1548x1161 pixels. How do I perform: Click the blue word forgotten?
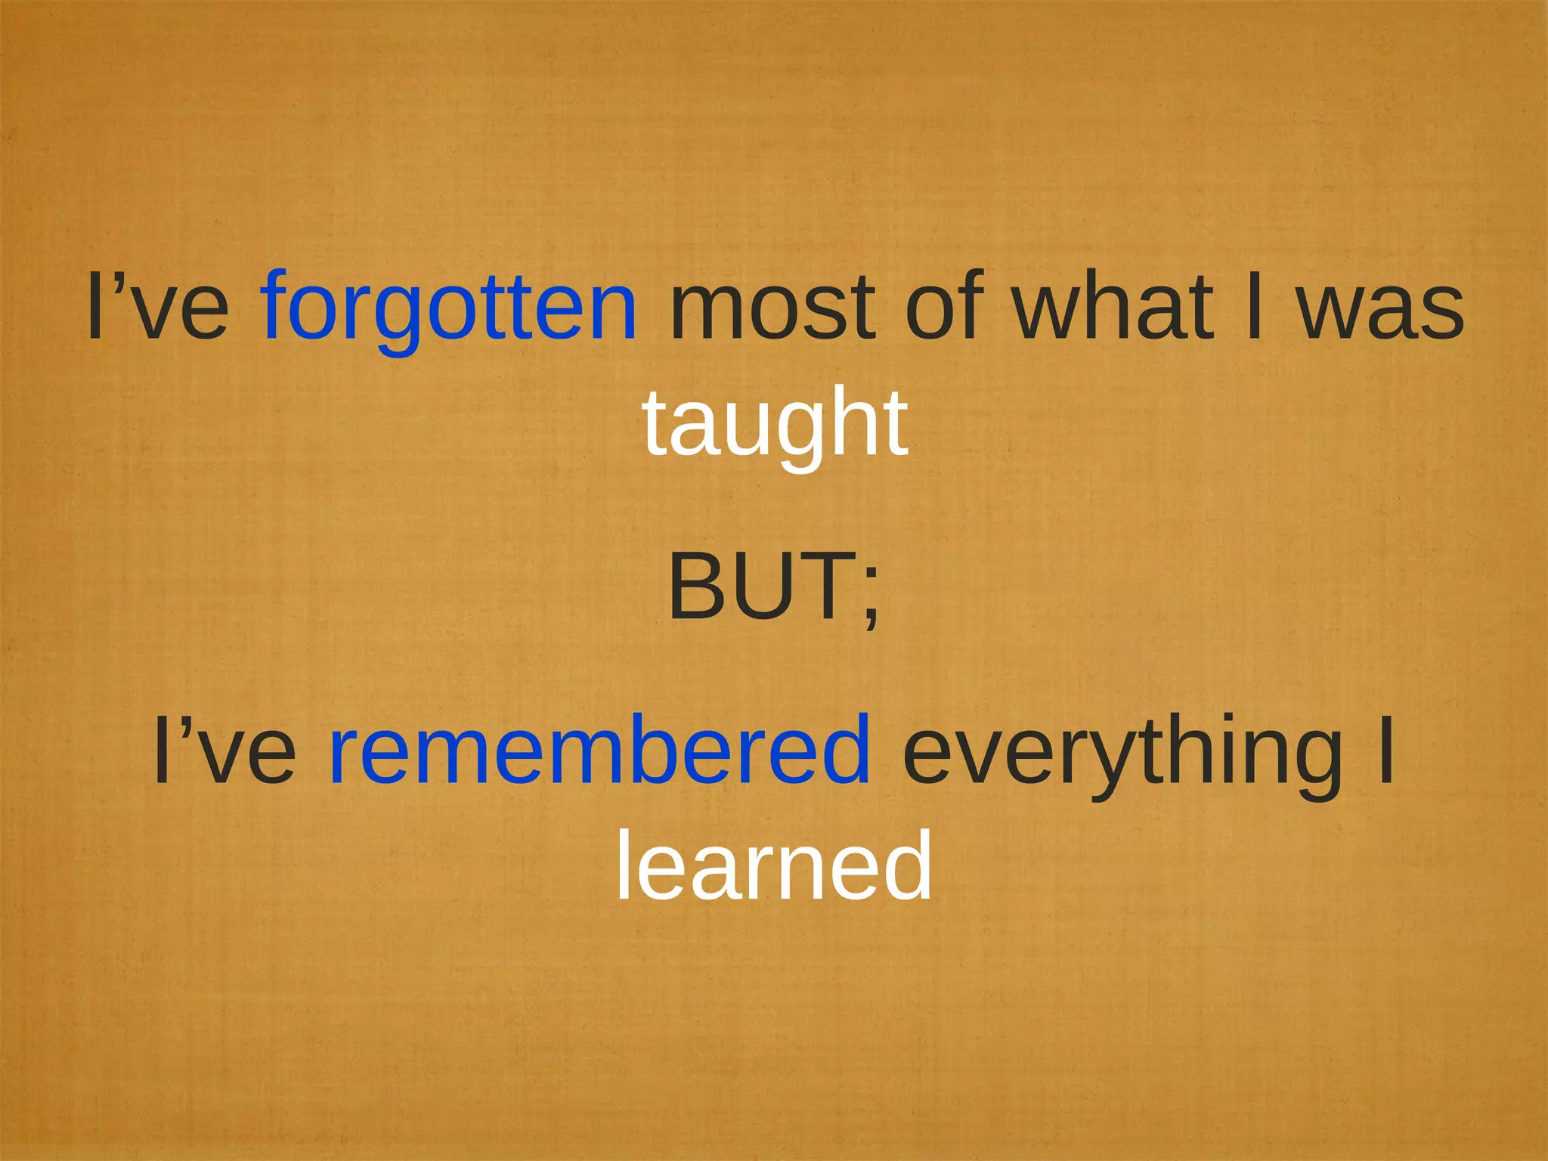tap(449, 308)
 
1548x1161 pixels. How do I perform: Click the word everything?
tap(1122, 752)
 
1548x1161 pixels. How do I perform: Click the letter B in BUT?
tap(696, 587)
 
